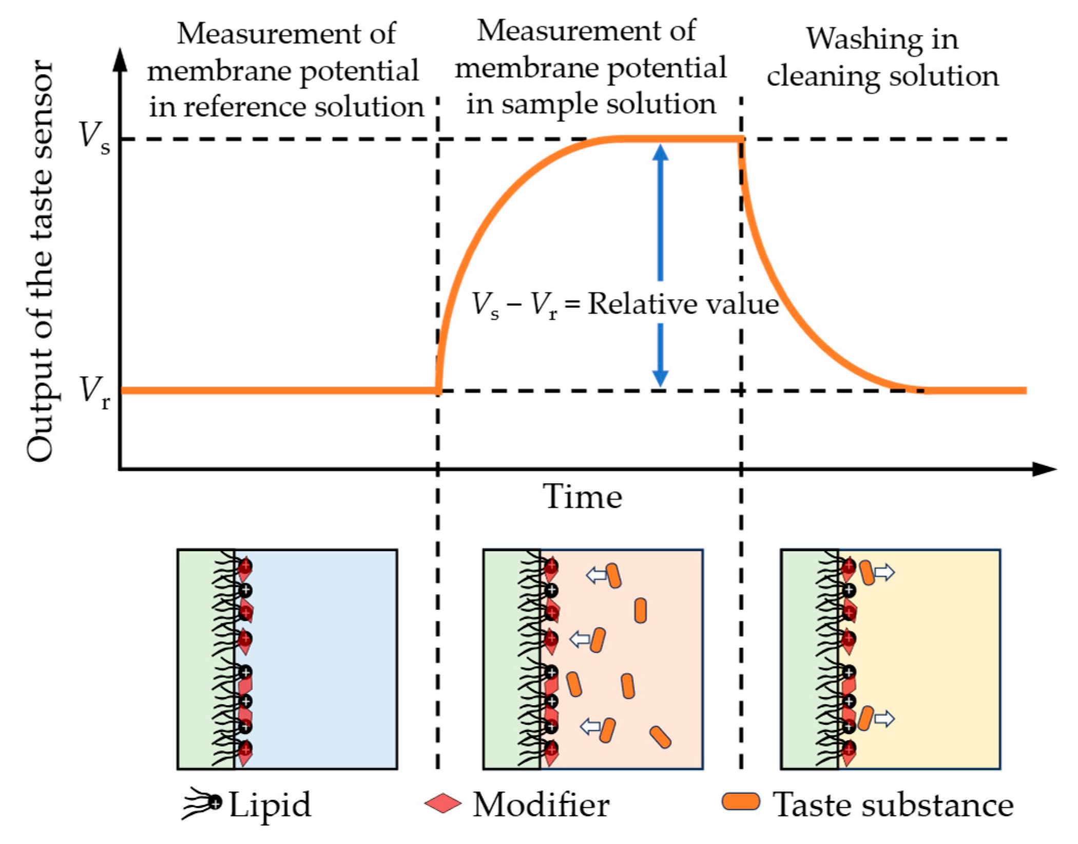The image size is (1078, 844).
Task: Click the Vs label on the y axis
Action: [x=93, y=138]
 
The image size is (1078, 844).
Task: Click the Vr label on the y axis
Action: [x=94, y=391]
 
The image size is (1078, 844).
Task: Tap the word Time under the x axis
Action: [x=582, y=497]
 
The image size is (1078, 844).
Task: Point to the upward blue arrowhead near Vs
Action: [x=660, y=153]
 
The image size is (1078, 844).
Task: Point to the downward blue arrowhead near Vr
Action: [x=660, y=378]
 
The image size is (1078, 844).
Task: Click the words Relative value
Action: [x=683, y=304]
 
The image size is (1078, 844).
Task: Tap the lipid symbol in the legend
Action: [x=201, y=804]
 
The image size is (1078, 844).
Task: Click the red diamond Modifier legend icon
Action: [x=442, y=803]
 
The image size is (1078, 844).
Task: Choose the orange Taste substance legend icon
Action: [x=740, y=802]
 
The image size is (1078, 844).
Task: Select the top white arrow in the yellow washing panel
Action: [x=884, y=572]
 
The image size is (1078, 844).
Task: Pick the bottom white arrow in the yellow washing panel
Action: [x=884, y=719]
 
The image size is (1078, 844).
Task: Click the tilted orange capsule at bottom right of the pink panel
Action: [x=660, y=737]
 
